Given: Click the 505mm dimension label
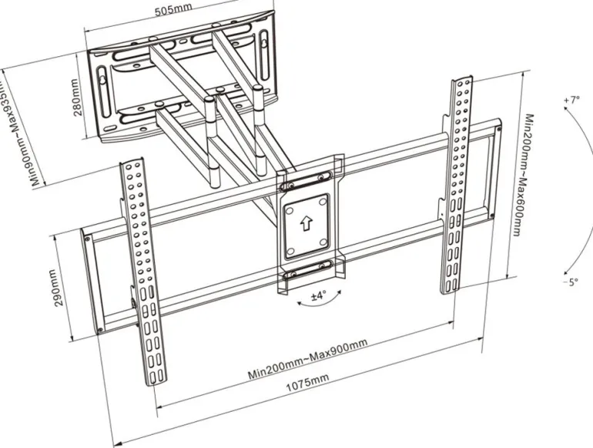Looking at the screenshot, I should coord(175,11).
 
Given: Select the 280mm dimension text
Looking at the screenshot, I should coord(78,97).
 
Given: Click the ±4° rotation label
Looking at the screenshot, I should coord(318,295).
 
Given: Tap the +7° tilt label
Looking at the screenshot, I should coord(571,100).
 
